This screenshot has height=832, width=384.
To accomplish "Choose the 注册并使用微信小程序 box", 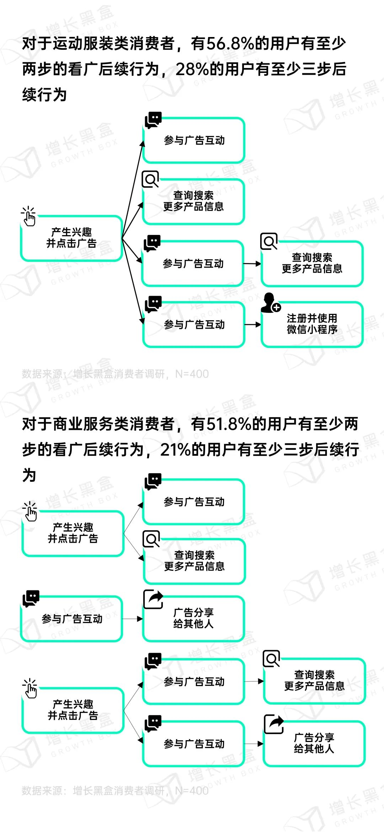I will point(312,324).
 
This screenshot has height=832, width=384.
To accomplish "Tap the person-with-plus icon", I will point(270,303).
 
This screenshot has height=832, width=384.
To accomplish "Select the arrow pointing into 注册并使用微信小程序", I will point(253,325).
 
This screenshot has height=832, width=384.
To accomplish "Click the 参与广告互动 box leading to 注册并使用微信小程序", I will point(194,325).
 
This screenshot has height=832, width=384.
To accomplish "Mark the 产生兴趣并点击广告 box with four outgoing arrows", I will point(71,238).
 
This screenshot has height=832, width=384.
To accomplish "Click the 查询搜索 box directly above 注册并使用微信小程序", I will point(312,263).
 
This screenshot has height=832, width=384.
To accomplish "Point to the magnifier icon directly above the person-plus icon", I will point(269,242).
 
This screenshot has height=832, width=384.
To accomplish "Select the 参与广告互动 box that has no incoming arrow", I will point(72,619).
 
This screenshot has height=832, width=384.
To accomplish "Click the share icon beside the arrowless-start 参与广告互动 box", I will point(153,599).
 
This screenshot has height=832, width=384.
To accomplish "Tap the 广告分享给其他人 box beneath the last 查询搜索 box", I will point(314,743).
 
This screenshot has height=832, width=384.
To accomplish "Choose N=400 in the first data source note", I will point(192,374).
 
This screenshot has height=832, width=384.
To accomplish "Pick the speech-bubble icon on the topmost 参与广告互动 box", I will point(153,120).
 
